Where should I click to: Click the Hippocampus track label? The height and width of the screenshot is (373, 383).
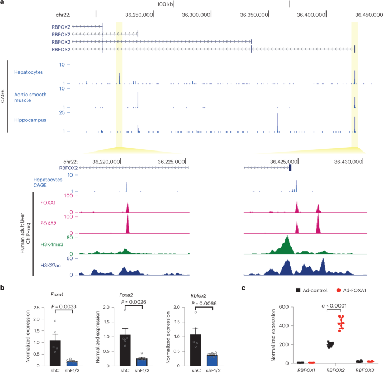[31, 120]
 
